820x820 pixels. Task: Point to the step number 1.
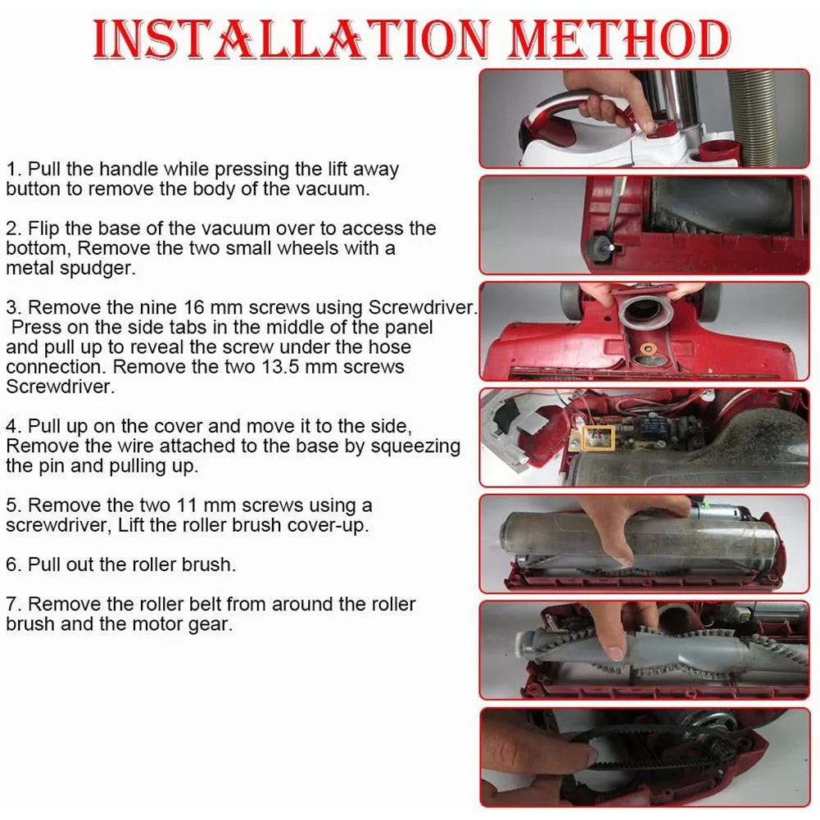coord(12,170)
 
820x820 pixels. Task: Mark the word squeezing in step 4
coord(419,446)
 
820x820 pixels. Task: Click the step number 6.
coord(12,564)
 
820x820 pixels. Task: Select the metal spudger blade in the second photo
coord(617,205)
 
